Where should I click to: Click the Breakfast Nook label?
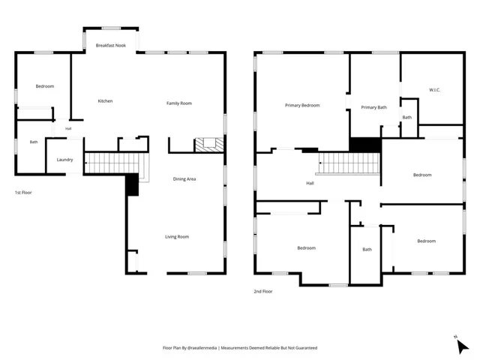[x=111, y=45]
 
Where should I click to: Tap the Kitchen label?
[x=105, y=101]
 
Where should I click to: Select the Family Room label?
[x=179, y=103]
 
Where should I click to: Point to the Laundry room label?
[x=65, y=160]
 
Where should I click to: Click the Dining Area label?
[x=184, y=179]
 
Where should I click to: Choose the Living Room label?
[x=177, y=237]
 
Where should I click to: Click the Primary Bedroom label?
[x=302, y=105]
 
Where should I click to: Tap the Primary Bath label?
[x=373, y=107]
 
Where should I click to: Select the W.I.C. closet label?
[x=435, y=90]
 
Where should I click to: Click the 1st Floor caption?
[x=23, y=193]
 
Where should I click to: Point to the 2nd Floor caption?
[x=263, y=292]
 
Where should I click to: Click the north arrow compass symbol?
[x=462, y=346]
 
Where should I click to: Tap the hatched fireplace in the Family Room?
[x=209, y=145]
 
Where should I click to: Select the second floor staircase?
[x=349, y=163]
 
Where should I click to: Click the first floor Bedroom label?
[x=45, y=86]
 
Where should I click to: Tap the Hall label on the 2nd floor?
[x=310, y=183]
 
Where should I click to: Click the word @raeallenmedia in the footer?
[x=202, y=348]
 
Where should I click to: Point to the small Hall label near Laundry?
[x=68, y=129]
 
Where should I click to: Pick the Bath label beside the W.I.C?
[x=407, y=117]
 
